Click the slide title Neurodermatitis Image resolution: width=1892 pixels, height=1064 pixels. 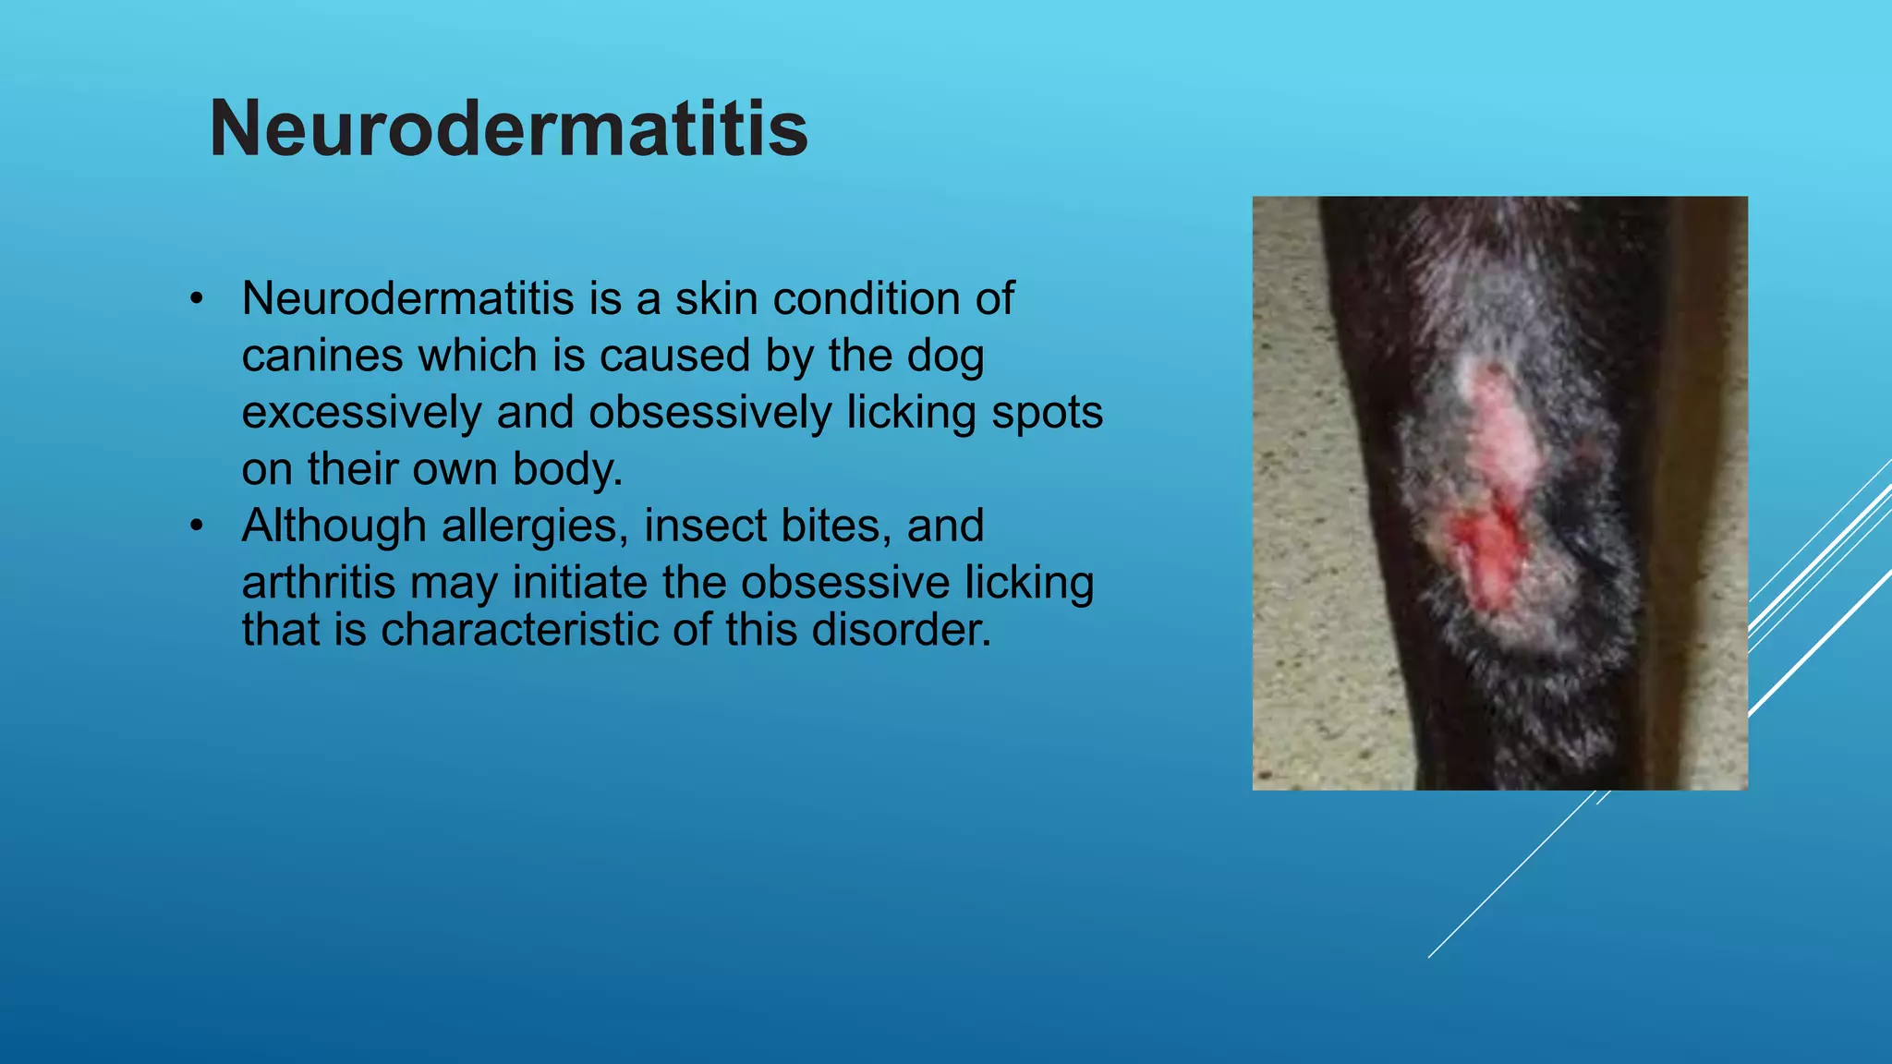[x=509, y=128]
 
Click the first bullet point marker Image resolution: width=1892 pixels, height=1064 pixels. [x=195, y=299]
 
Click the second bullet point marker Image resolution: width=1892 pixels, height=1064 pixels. [x=195, y=526]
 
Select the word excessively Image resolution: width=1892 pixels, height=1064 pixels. [x=361, y=413]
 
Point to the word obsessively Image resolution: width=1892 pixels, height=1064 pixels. [x=709, y=413]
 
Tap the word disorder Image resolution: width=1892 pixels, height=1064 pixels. [x=903, y=630]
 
